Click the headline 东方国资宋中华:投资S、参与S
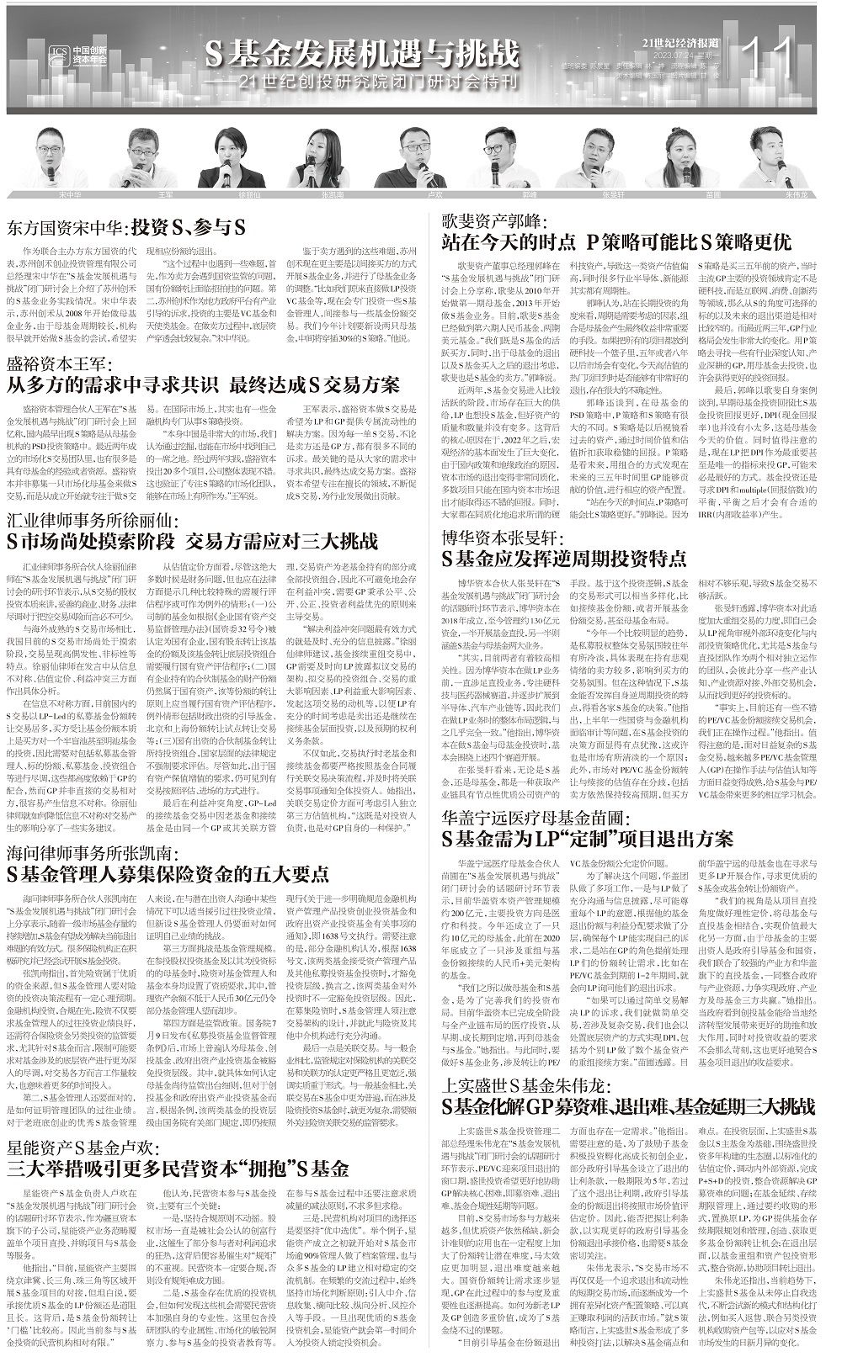[x=126, y=228]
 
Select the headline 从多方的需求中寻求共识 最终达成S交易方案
[x=203, y=385]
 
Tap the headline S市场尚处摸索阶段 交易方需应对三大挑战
[x=192, y=541]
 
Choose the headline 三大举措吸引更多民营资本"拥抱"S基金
[x=178, y=1169]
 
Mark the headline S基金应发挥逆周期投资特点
[x=564, y=558]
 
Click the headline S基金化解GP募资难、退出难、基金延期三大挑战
[x=631, y=1104]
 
